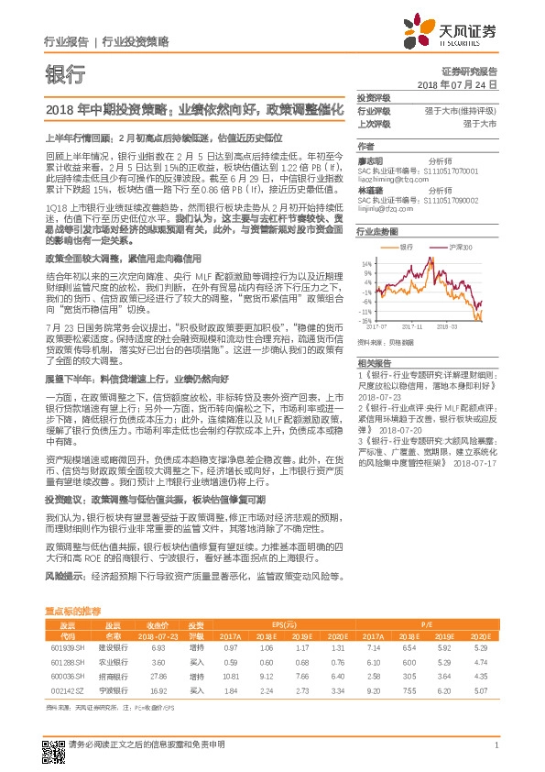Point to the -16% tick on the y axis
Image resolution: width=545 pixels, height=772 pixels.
(364, 322)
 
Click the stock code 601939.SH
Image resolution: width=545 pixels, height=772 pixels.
(64, 648)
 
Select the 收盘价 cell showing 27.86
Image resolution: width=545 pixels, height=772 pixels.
(158, 674)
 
